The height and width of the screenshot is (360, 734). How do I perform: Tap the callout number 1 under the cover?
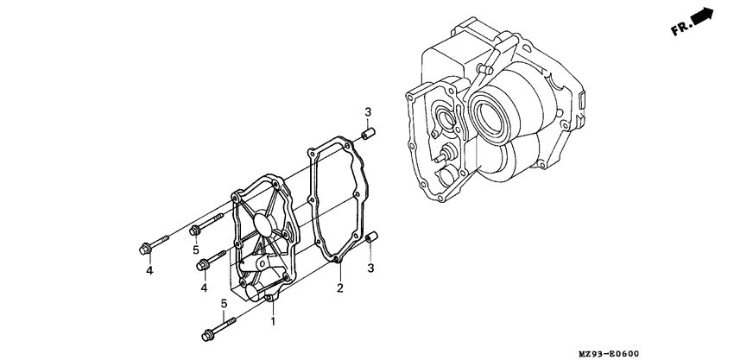pyautogui.click(x=274, y=321)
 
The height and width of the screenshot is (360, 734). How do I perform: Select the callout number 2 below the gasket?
pyautogui.click(x=340, y=287)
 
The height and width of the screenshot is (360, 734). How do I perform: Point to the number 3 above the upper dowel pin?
pyautogui.click(x=367, y=113)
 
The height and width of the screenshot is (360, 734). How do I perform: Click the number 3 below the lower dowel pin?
pyautogui.click(x=370, y=268)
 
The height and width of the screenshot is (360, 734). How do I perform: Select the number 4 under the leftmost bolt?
pyautogui.click(x=149, y=271)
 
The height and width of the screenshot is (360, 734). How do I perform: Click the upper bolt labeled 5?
pyautogui.click(x=200, y=228)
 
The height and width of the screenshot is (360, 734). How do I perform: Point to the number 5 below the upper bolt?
pyautogui.click(x=196, y=249)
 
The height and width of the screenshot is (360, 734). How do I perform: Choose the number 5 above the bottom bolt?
pyautogui.click(x=224, y=304)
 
